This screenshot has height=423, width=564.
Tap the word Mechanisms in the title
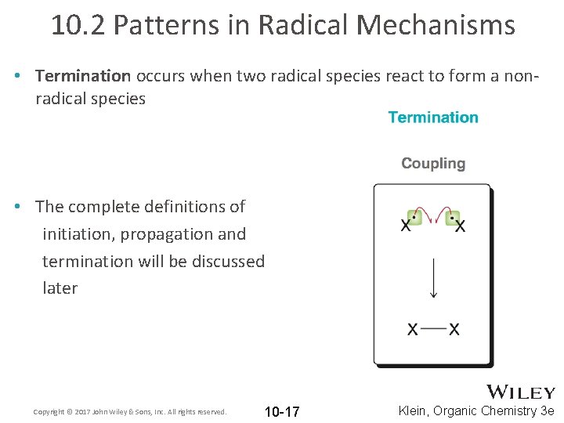pyautogui.click(x=436, y=25)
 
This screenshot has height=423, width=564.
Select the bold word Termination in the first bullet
pyautogui.click(x=83, y=76)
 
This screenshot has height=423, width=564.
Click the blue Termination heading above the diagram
pyautogui.click(x=433, y=117)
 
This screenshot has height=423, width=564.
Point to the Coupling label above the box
pyautogui.click(x=433, y=164)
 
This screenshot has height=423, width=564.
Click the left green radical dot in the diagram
pyautogui.click(x=414, y=217)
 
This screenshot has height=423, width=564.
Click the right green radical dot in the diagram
pyautogui.click(x=453, y=217)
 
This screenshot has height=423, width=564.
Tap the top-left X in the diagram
pyautogui.click(x=406, y=226)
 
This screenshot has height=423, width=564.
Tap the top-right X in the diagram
pyautogui.click(x=461, y=226)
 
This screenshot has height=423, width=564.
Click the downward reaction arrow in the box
pyautogui.click(x=433, y=278)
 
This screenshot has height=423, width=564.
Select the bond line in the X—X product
pyautogui.click(x=433, y=329)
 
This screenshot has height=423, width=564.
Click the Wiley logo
pyautogui.click(x=521, y=392)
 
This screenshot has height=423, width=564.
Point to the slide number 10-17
pyautogui.click(x=282, y=411)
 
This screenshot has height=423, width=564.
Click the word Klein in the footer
pyautogui.click(x=416, y=410)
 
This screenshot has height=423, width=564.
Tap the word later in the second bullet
pyautogui.click(x=60, y=288)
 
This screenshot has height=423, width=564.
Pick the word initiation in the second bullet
pyautogui.click(x=74, y=234)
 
